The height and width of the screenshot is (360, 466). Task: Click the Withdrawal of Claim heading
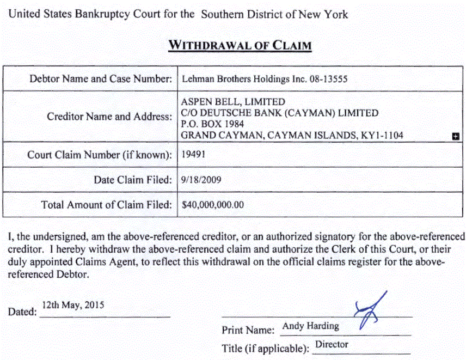pos(240,45)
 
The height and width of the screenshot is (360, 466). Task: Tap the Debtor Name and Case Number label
pos(101,79)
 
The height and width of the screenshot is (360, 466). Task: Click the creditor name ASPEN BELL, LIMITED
pos(233,102)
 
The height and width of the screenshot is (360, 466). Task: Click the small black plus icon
pos(456,137)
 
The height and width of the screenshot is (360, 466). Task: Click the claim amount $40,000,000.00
pos(212,205)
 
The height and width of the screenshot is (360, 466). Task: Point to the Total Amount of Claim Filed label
pos(107,205)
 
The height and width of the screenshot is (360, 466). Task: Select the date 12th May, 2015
pos(73,305)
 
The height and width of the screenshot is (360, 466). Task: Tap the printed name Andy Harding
pos(310,326)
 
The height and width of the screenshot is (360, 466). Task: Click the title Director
pos(332,344)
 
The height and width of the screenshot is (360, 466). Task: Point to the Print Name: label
pos(248,330)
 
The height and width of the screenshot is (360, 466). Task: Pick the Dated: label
pos(22,312)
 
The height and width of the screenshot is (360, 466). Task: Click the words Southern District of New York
pos(274,14)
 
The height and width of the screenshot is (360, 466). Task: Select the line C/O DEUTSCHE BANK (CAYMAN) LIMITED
pos(279,113)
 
